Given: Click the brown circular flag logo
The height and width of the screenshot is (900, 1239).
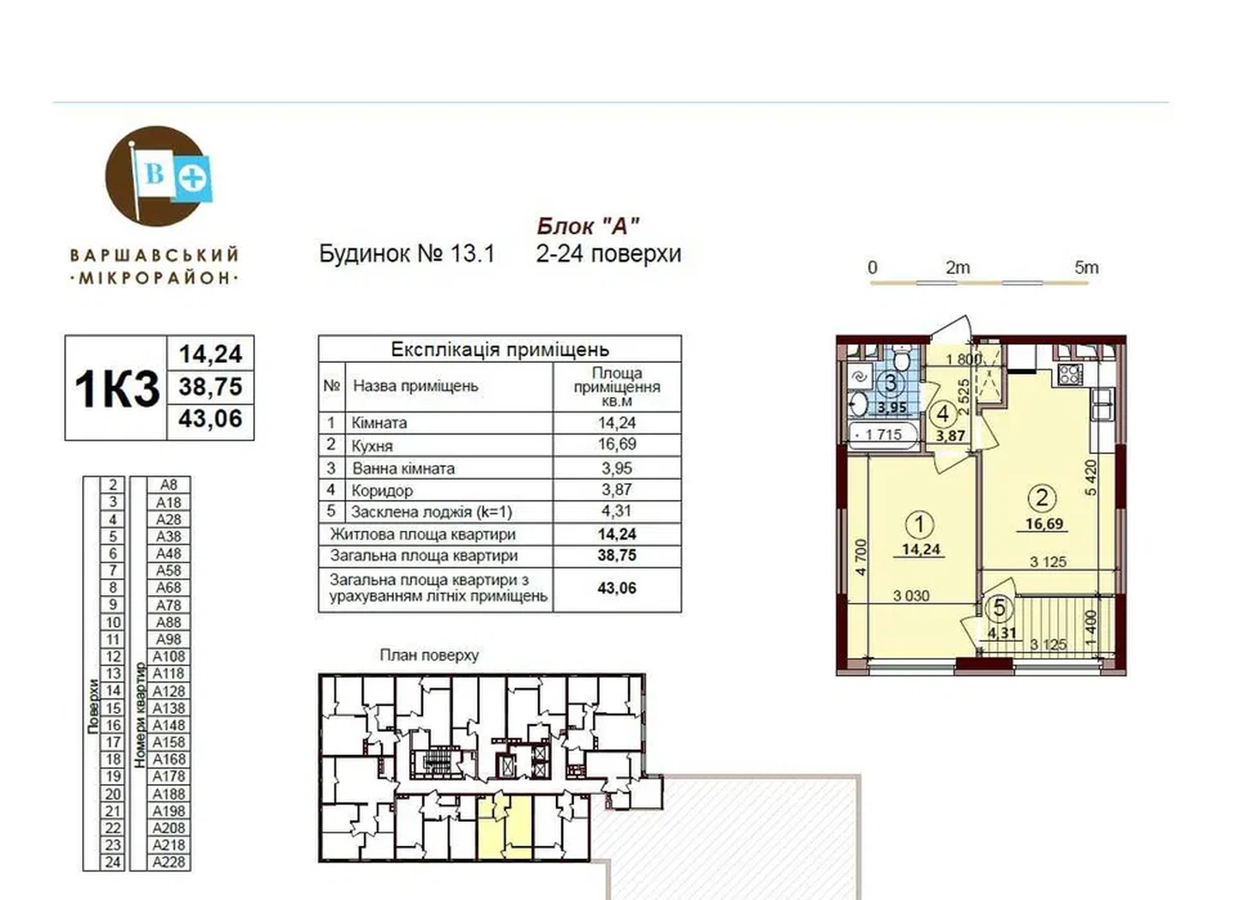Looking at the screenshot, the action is [156, 176].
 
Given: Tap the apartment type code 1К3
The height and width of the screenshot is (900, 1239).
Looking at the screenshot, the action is [117, 388].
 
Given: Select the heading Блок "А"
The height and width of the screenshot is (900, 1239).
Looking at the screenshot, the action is [588, 226].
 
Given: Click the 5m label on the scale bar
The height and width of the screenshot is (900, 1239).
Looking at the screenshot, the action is [1086, 268].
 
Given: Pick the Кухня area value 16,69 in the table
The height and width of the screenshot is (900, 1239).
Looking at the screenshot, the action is [616, 444].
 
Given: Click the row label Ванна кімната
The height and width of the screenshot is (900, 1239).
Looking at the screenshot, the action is [403, 468].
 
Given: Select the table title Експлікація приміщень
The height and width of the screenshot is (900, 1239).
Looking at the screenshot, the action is [500, 349].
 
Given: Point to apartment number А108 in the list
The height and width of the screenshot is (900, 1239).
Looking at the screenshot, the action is [169, 656].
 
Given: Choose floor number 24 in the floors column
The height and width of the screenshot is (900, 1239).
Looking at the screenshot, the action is [113, 862].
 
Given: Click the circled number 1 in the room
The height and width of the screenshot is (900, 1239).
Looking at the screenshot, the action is [920, 524].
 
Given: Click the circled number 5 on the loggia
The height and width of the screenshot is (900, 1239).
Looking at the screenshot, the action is [999, 608].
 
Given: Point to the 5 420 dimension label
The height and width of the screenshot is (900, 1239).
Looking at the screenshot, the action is [1090, 477].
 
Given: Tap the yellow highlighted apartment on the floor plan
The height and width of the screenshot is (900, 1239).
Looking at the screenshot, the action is [504, 827].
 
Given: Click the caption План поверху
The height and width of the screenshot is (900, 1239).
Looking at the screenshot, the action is [429, 655].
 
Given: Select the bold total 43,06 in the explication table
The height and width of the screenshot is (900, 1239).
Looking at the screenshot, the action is [616, 587].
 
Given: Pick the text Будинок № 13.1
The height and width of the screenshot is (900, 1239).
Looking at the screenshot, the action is [407, 254].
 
